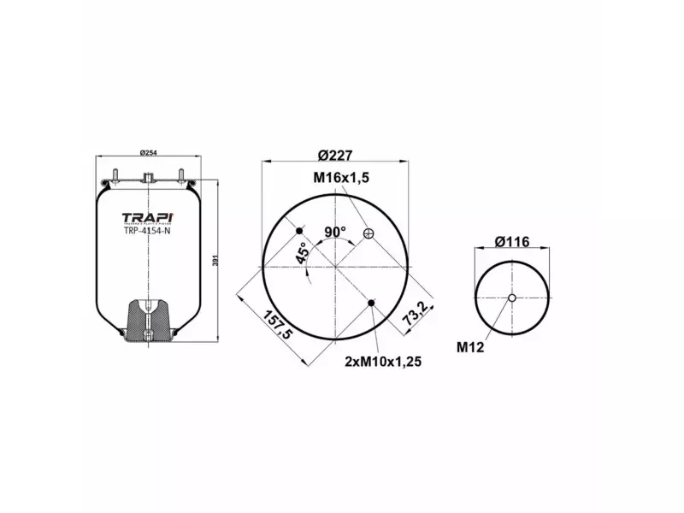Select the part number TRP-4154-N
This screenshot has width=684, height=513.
click(x=147, y=229)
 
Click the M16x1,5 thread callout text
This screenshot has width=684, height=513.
click(x=340, y=177)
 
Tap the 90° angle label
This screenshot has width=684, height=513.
click(x=334, y=231)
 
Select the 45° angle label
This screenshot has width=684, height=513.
click(x=301, y=253)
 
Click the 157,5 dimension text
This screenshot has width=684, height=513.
click(x=276, y=322)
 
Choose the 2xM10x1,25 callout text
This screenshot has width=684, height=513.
click(x=383, y=361)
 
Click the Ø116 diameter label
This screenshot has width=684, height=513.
click(x=512, y=242)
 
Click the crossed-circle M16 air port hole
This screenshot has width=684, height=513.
click(x=369, y=233)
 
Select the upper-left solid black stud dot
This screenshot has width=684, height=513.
click(x=300, y=233)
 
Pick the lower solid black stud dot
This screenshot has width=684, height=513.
click(x=370, y=303)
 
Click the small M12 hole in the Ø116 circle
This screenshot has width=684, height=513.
click(x=511, y=298)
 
